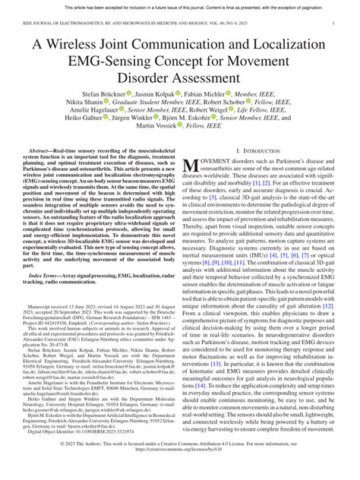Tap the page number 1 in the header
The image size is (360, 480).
(333, 24)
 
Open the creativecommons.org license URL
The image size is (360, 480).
(181, 470)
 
